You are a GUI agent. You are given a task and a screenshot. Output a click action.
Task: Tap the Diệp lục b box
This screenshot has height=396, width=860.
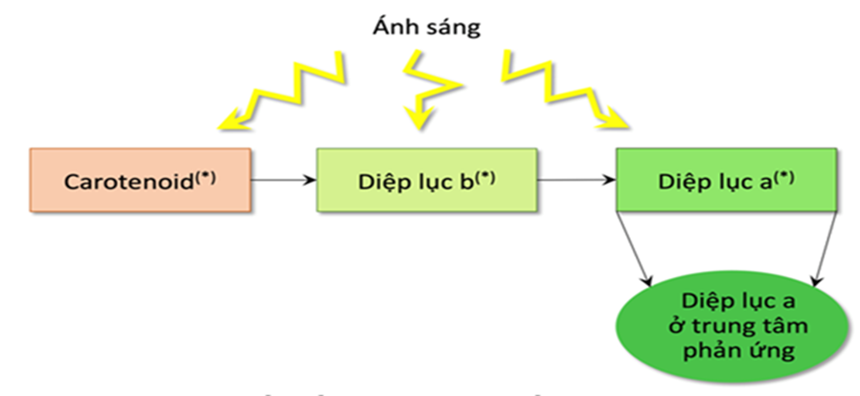click(x=426, y=180)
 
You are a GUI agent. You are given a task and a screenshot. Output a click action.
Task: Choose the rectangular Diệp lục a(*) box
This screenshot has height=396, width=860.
click(x=726, y=180)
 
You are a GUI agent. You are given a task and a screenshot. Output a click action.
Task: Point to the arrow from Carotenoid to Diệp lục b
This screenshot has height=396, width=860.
click(x=283, y=180)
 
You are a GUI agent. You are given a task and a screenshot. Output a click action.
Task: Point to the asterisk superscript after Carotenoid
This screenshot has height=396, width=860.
click(x=206, y=174)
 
